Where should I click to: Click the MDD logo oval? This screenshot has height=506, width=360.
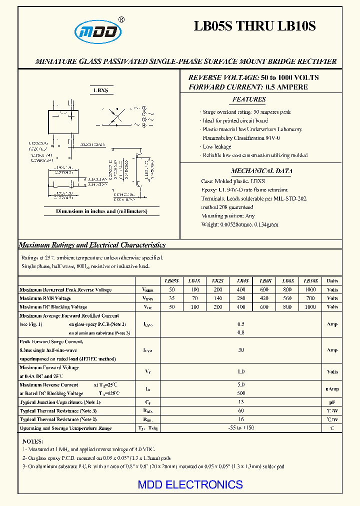(98, 31)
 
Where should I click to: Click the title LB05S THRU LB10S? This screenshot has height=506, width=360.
(254, 26)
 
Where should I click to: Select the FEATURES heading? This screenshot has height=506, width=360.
(249, 99)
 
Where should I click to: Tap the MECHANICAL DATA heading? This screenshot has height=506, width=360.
(261, 171)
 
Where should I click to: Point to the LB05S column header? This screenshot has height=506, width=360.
(171, 281)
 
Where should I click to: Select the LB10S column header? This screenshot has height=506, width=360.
(310, 281)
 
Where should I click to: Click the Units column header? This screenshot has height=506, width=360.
(332, 281)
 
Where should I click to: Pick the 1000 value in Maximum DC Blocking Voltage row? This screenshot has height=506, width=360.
(310, 307)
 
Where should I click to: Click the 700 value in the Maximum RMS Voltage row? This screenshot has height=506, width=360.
(310, 298)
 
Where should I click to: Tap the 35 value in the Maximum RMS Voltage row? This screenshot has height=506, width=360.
(171, 298)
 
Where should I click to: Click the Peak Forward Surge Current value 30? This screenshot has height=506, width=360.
(241, 350)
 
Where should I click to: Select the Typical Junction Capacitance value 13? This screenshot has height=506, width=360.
(241, 402)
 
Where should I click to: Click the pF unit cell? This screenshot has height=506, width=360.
(332, 402)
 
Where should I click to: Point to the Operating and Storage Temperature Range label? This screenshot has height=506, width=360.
(65, 428)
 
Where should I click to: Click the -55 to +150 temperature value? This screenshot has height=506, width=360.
(241, 428)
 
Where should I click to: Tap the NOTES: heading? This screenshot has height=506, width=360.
(32, 441)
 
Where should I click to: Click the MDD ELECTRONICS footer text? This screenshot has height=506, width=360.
(190, 484)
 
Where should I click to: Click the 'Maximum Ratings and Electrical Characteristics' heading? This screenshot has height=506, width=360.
(92, 245)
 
